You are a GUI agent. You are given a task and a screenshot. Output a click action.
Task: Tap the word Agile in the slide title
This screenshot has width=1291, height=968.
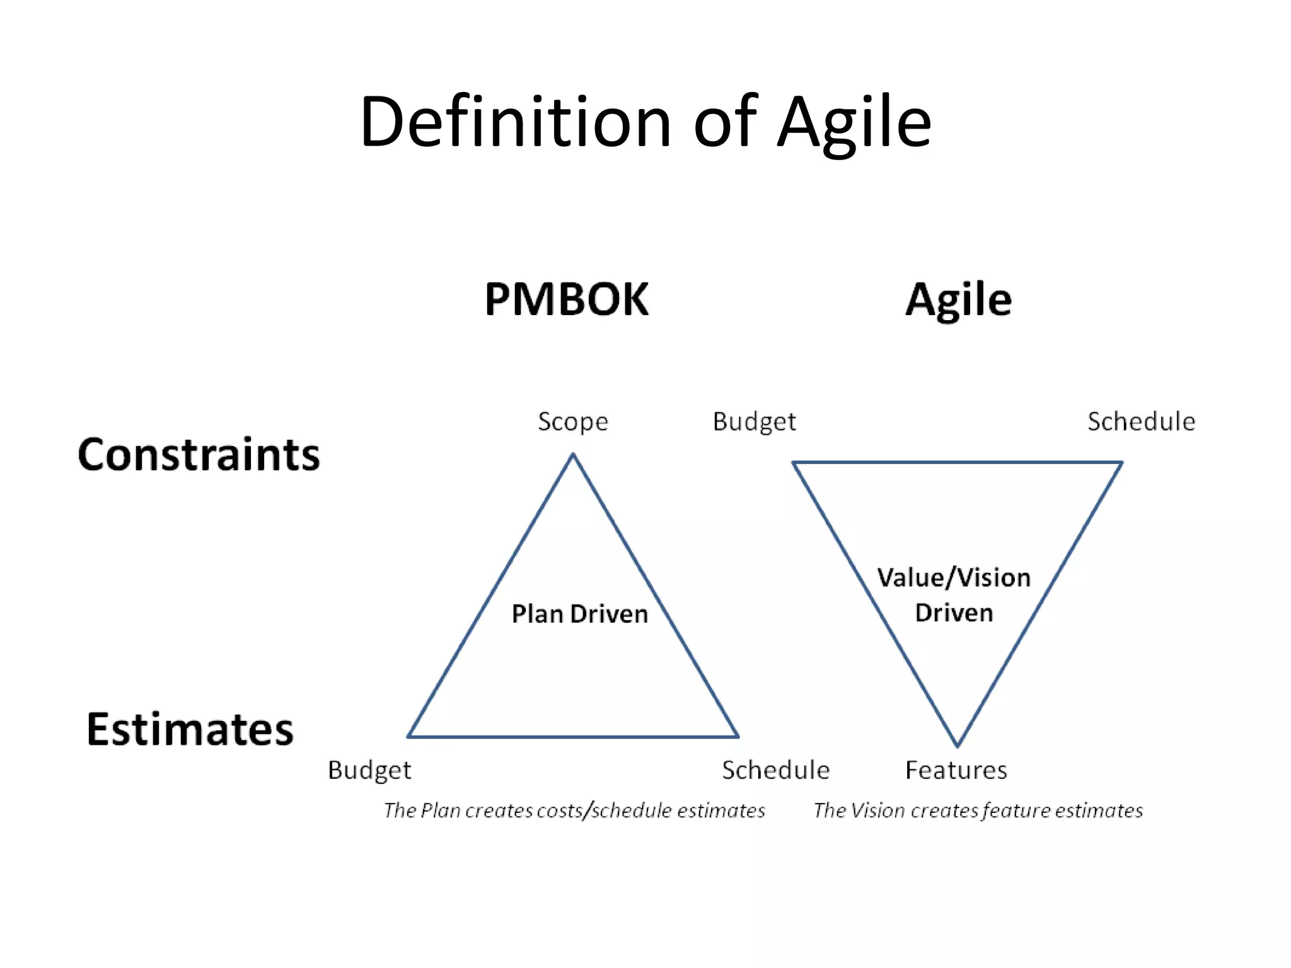tap(854, 123)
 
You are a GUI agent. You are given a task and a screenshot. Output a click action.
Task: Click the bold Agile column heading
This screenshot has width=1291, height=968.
tap(958, 300)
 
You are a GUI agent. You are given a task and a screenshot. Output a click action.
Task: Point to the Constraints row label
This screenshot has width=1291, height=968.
tap(199, 454)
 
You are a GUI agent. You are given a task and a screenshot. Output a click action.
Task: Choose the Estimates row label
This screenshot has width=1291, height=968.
tap(190, 729)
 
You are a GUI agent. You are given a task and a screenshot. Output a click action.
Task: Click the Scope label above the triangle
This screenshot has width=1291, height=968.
tap(572, 422)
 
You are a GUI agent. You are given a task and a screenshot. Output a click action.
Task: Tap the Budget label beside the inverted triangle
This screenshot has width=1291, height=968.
tap(754, 422)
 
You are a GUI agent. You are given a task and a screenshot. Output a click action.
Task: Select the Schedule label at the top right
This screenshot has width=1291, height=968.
tap(1141, 422)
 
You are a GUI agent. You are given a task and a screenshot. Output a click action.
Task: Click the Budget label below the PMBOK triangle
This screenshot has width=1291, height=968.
tap(369, 770)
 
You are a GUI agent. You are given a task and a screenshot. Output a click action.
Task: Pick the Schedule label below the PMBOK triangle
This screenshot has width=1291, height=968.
tap(775, 770)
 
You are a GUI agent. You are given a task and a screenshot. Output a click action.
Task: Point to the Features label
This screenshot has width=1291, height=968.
tap(956, 770)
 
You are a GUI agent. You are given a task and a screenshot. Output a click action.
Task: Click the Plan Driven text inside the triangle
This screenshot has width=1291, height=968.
tap(579, 614)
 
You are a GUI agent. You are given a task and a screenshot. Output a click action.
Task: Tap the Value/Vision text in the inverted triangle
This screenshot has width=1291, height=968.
tap(954, 577)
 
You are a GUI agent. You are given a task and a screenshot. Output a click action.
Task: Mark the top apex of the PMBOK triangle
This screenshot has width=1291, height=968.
tap(573, 454)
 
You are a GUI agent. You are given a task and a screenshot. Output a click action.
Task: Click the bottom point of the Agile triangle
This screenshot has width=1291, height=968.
tap(957, 746)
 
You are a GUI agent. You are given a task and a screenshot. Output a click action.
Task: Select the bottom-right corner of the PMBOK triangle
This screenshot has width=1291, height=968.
tap(738, 735)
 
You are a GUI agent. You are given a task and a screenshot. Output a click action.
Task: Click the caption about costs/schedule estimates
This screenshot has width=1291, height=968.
tap(574, 810)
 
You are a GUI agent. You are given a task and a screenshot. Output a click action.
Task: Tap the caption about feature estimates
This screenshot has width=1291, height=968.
tap(978, 810)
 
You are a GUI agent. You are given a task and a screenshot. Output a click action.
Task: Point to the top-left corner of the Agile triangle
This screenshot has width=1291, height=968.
tap(794, 463)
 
